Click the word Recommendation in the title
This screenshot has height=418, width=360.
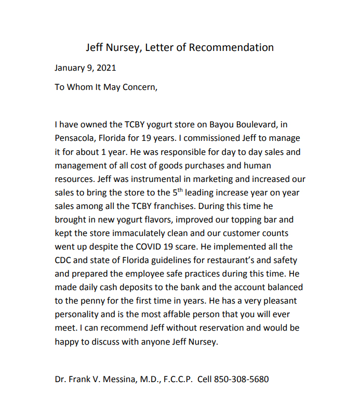(231, 48)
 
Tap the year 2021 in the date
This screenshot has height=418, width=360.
(106, 68)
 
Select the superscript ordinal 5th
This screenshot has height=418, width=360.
(178, 192)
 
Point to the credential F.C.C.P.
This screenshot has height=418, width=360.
(176, 379)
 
